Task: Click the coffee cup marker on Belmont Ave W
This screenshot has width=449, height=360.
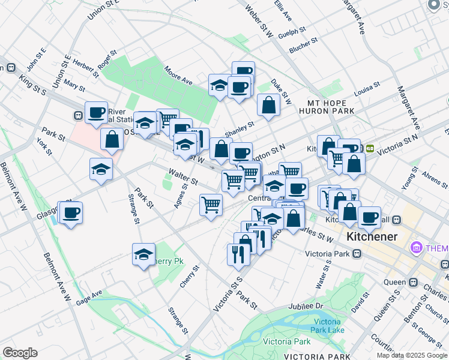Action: [x=71, y=213]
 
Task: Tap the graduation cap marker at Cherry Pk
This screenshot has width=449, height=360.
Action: [x=143, y=255]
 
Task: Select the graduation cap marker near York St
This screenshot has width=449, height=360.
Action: [x=101, y=170]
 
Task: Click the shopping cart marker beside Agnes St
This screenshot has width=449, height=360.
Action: [x=211, y=206]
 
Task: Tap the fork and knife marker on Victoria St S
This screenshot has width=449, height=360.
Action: [x=238, y=255]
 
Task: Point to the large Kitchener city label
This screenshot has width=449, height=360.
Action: [x=372, y=236]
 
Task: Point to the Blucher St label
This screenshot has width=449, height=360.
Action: [x=303, y=44]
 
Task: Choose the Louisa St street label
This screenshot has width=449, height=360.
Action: [x=367, y=88]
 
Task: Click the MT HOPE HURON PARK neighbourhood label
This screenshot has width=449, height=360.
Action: [x=327, y=107]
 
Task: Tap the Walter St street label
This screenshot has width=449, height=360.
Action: [x=183, y=177]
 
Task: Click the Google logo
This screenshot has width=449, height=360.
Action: [x=20, y=353]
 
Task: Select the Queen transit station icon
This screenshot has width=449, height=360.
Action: [x=414, y=282]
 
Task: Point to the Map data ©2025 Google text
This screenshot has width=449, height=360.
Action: [x=412, y=355]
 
